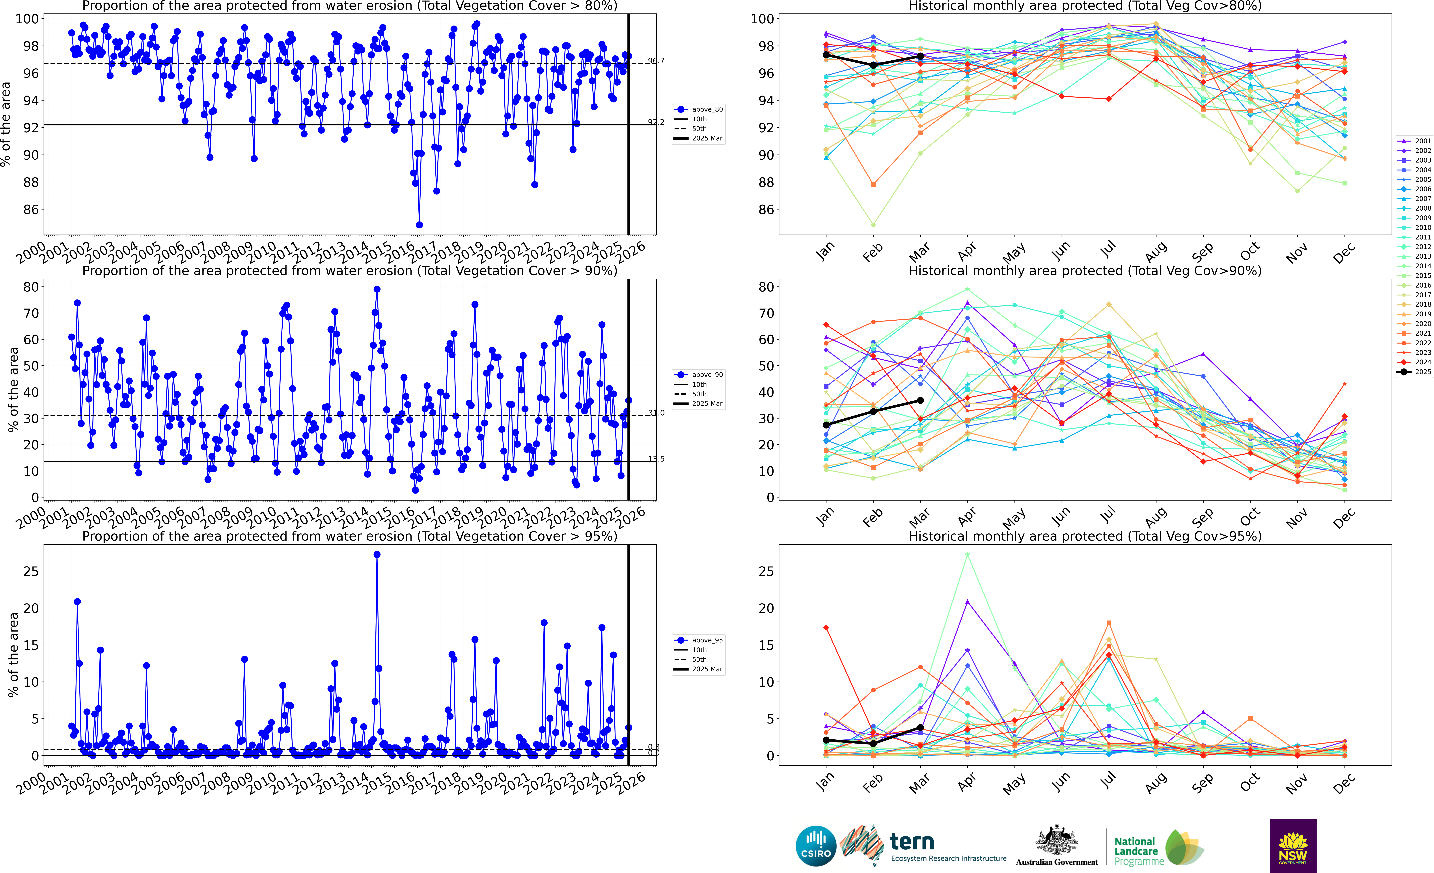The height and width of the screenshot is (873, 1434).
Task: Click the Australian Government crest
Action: click(1056, 841)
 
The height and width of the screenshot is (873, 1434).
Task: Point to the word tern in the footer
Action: click(912, 842)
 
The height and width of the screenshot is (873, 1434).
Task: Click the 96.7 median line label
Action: click(656, 61)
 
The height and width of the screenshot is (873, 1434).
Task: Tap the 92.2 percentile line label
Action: click(656, 122)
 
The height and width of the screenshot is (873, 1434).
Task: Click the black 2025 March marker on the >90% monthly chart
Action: click(920, 400)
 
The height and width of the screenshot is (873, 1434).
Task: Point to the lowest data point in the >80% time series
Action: click(419, 225)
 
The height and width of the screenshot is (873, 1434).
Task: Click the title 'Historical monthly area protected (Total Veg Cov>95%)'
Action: click(1085, 536)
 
